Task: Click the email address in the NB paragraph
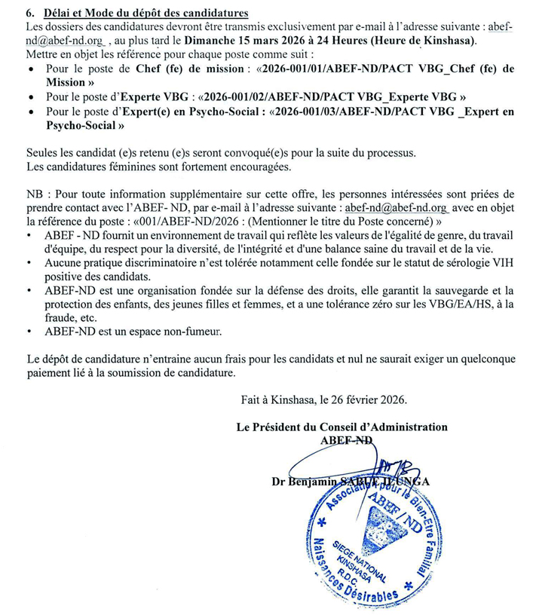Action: (x=396, y=207)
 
